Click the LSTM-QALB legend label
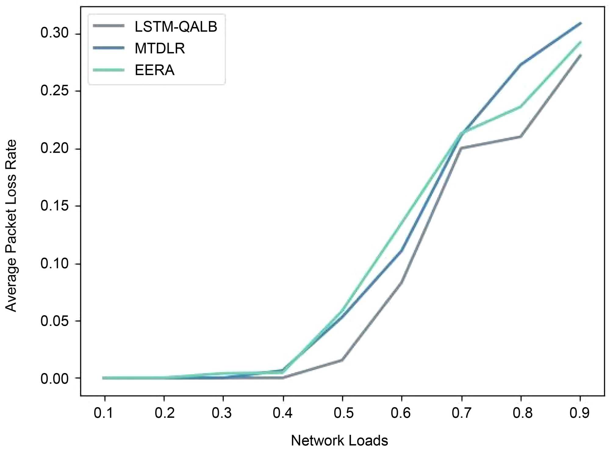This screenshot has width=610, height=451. pyautogui.click(x=176, y=27)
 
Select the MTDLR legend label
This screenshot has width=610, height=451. pyautogui.click(x=160, y=48)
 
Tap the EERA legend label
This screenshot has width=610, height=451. pyautogui.click(x=155, y=70)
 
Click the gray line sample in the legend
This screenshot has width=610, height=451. pyautogui.click(x=109, y=26)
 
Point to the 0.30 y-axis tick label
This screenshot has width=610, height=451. pyautogui.click(x=55, y=33)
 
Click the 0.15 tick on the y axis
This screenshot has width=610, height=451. pyautogui.click(x=55, y=206)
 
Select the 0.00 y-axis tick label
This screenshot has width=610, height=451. pyautogui.click(x=55, y=379)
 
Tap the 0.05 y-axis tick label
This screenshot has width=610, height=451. pyautogui.click(x=55, y=321)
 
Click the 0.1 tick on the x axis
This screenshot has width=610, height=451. pyautogui.click(x=104, y=413)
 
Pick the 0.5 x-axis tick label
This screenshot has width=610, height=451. pyautogui.click(x=343, y=413)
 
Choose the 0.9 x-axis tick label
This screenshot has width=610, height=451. pyautogui.click(x=579, y=413)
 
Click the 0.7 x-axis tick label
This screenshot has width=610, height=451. pyautogui.click(x=461, y=413)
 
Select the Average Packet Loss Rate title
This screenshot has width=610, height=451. pyautogui.click(x=11, y=225)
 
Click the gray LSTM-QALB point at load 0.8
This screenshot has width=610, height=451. pyautogui.click(x=521, y=137)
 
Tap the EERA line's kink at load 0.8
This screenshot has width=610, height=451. pyautogui.click(x=521, y=107)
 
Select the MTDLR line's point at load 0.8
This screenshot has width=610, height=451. pyautogui.click(x=521, y=64)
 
